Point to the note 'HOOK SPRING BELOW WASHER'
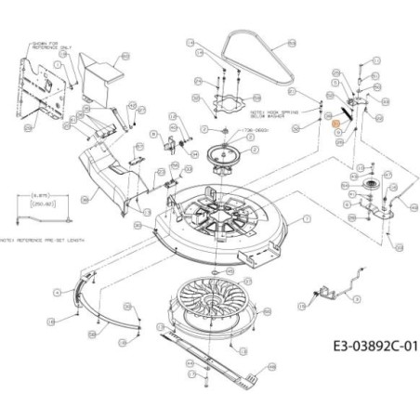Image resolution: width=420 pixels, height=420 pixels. pos(269,110)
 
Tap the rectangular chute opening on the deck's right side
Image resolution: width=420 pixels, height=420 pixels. pos(263,248)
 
